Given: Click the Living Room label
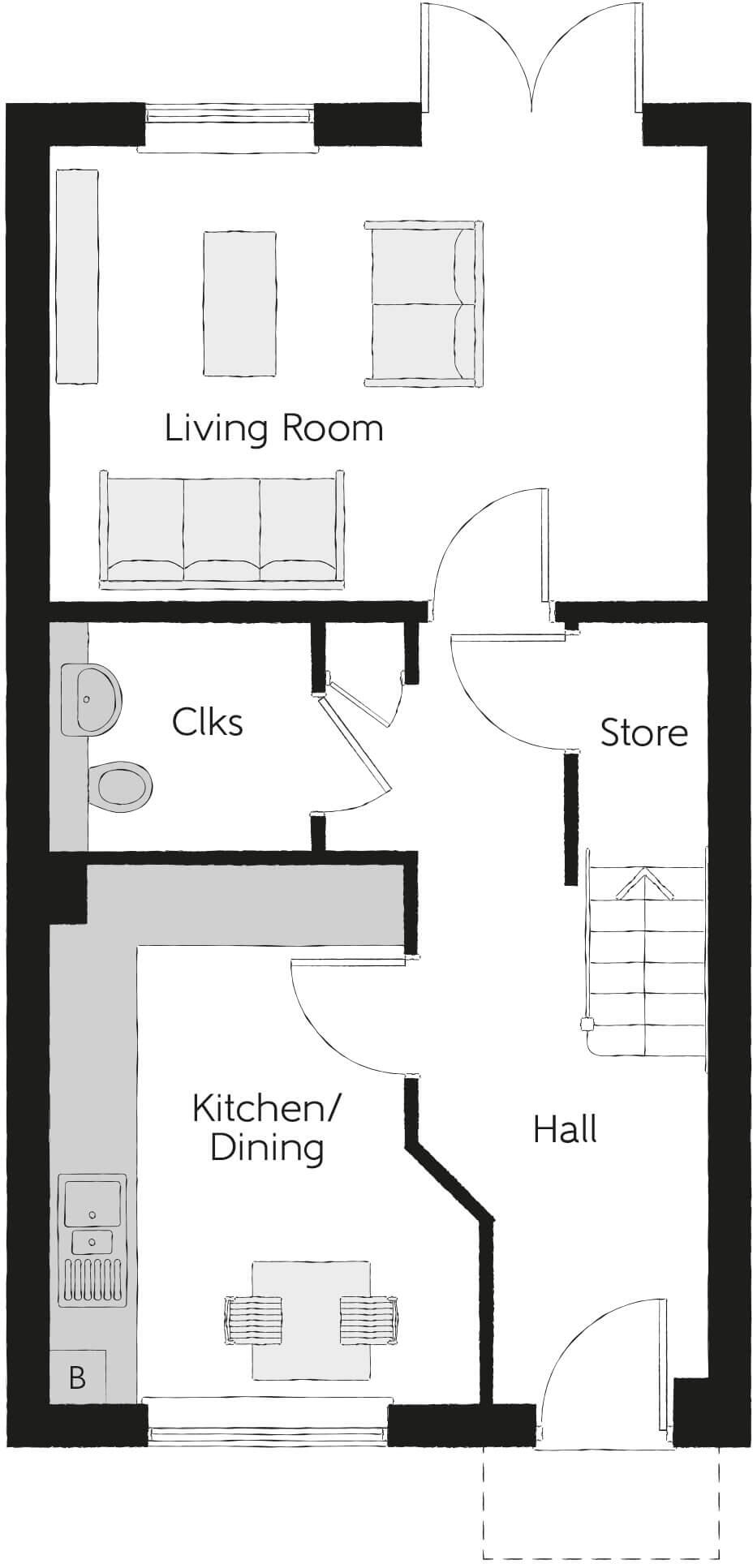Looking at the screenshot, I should tap(273, 428).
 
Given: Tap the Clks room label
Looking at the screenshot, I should tap(208, 721).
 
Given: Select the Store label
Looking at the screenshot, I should tap(643, 733).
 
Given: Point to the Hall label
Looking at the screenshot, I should tap(566, 1129).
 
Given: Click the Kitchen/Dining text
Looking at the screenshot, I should tap(267, 1128).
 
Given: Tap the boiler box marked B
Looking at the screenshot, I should tap(78, 1377).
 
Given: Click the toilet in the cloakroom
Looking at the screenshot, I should tap(122, 785).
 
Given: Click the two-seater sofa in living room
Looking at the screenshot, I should tap(422, 304).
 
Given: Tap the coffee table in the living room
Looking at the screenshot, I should tap(239, 303).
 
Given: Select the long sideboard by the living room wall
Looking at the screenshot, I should tap(77, 276).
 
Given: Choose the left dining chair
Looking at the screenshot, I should tap(254, 1319).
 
